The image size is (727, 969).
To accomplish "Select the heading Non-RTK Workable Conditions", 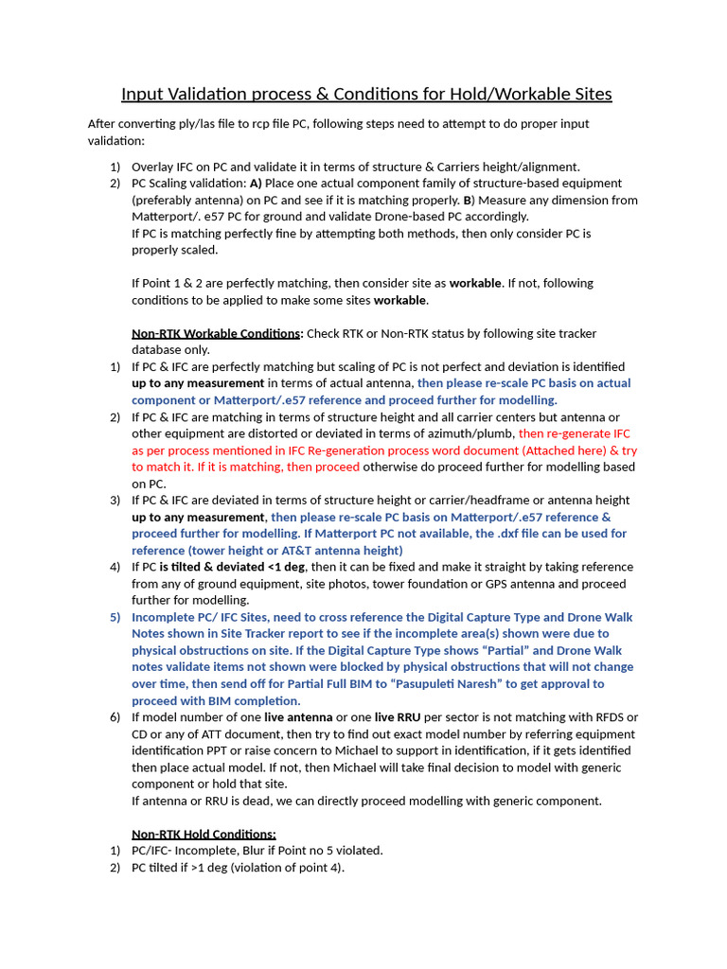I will pos(217,333).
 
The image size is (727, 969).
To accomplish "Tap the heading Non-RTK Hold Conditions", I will pos(204,834).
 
